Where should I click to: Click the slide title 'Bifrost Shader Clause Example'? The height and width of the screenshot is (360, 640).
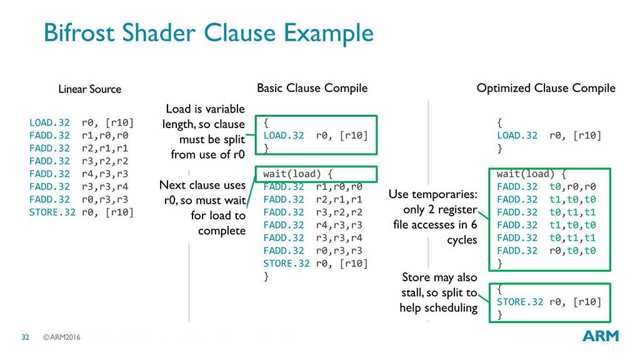[209, 32]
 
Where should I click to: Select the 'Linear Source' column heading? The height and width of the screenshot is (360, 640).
[89, 89]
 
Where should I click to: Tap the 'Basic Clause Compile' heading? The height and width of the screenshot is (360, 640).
[312, 88]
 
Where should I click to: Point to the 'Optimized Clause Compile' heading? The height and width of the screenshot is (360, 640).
[546, 88]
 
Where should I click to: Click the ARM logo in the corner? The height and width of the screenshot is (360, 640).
[600, 336]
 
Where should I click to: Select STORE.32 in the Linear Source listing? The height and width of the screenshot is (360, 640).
[52, 212]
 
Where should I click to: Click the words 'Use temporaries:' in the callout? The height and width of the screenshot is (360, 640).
[432, 196]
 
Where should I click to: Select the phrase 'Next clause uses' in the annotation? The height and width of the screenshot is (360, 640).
[202, 185]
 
